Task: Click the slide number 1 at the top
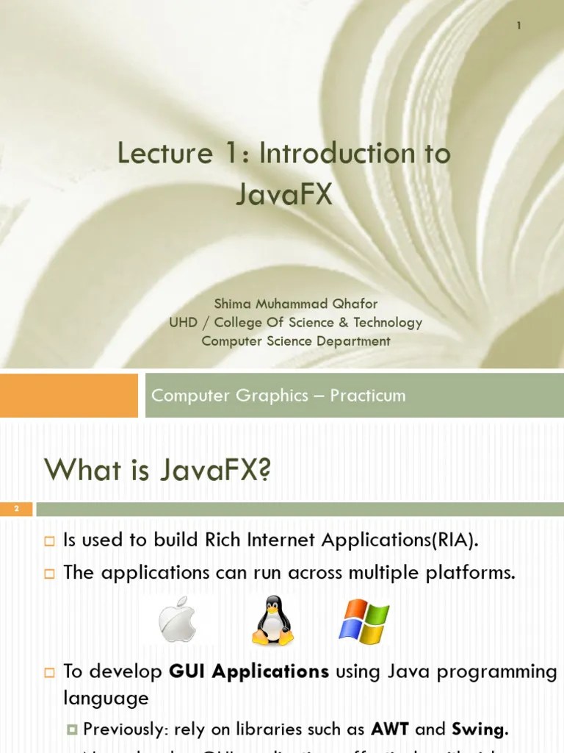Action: (518, 26)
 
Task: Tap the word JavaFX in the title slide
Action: (284, 194)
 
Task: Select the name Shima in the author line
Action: (230, 304)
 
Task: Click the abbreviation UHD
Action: (183, 322)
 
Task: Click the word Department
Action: (356, 340)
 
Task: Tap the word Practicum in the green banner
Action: (367, 396)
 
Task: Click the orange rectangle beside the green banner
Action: (68, 396)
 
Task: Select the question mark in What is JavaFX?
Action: (264, 470)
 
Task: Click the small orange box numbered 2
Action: (15, 509)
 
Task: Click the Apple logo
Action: (179, 619)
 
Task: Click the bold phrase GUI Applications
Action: (249, 671)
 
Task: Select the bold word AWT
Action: (390, 729)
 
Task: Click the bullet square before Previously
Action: (72, 729)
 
